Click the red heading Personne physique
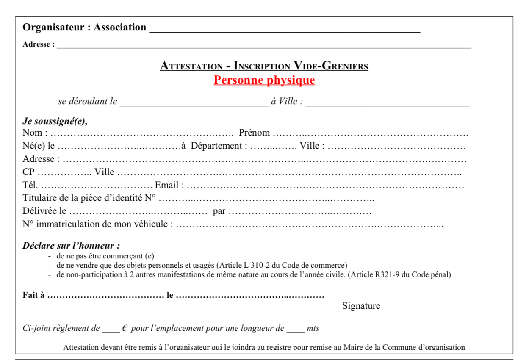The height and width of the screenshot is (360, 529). point(264,80)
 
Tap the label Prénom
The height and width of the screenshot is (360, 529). point(254,133)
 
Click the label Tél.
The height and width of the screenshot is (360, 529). point(30,186)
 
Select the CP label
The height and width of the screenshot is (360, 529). point(28,172)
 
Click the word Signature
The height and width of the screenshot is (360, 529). point(361,306)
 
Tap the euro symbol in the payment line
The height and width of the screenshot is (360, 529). point(125,328)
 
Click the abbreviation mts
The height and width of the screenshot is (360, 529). point(313,329)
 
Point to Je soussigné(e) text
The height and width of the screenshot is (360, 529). point(55,121)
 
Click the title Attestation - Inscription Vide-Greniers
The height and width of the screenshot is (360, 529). point(264,66)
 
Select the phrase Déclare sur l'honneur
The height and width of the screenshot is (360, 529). point(71,246)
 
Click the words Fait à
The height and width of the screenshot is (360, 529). point(33,296)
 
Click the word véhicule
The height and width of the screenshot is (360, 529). point(152,224)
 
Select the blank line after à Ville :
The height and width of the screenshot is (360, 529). point(387,104)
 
